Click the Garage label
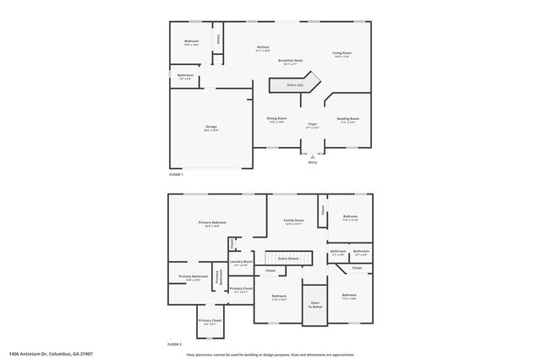point(210,128)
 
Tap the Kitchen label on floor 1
point(263,47)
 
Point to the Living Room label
point(342,54)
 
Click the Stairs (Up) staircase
point(294,85)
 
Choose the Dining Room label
point(276,119)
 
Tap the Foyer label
point(312,125)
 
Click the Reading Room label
point(348,119)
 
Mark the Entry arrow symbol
point(313,155)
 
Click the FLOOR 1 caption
point(176,173)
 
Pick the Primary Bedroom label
point(212,223)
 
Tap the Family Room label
point(293,221)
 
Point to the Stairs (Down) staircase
point(288,258)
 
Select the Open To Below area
point(314,304)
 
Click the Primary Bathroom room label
point(193,277)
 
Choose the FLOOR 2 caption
point(175,345)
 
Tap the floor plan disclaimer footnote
point(270,354)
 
